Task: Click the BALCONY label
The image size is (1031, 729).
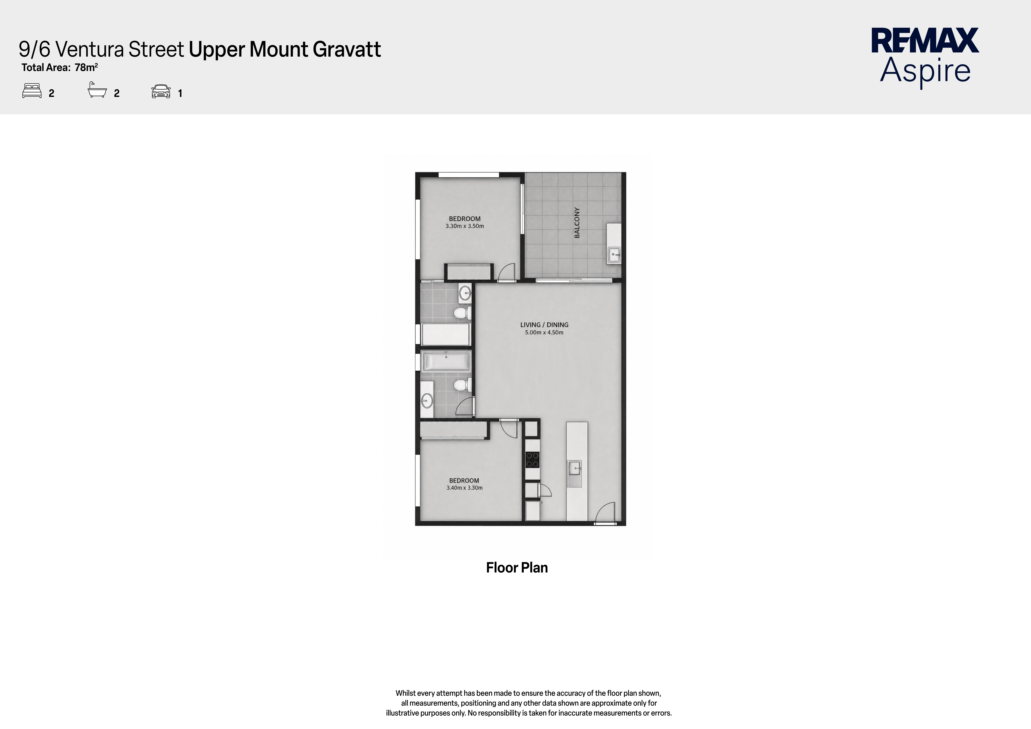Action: click(x=577, y=223)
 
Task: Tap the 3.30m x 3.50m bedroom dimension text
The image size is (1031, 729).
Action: click(x=465, y=226)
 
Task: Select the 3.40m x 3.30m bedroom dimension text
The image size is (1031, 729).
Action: click(x=464, y=488)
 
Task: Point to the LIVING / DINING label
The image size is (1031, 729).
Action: click(x=544, y=325)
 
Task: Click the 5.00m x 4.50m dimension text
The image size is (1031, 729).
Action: click(x=544, y=333)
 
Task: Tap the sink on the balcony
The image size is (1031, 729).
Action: click(x=614, y=255)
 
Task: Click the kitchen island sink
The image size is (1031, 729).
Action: click(x=575, y=469)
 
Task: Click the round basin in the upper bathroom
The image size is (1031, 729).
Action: click(x=465, y=294)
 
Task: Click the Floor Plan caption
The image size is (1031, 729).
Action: click(x=517, y=568)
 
